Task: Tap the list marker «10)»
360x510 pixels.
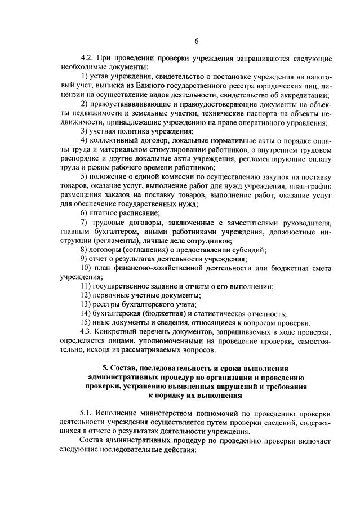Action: [x=86, y=268]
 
